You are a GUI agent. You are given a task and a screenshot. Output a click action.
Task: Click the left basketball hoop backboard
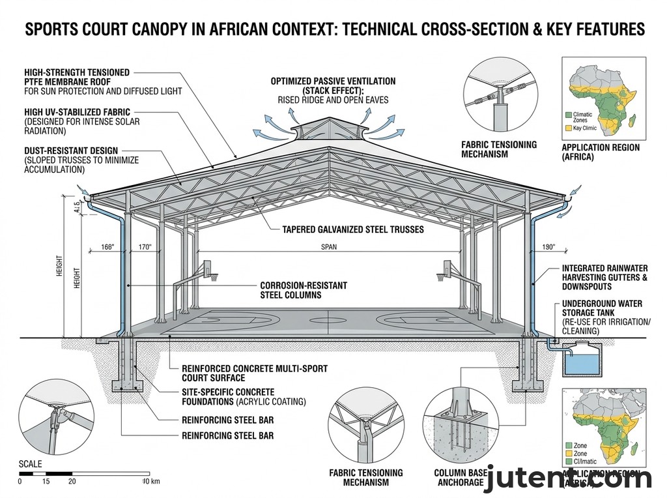coord(210,268)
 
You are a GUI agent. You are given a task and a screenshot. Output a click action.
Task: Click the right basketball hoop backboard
coord(449,268)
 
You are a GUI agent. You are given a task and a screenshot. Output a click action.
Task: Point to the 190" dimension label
coord(548,247)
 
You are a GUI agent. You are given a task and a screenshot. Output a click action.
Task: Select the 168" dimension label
coord(108,247)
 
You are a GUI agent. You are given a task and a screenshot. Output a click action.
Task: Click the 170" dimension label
coord(144,247)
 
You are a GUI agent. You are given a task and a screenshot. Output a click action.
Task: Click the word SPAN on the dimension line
coord(330,247)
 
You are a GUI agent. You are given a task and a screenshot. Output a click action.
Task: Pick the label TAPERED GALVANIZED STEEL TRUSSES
coord(352,229)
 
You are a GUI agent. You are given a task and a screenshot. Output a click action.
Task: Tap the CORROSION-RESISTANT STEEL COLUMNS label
coord(304,290)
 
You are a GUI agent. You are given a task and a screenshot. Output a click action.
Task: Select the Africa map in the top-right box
coord(603,98)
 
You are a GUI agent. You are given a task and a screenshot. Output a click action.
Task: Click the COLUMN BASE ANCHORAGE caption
coord(459,477)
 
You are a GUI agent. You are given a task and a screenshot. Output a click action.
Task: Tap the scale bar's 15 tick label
coord(46,481)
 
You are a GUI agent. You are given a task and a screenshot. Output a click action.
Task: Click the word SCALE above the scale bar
coord(30,464)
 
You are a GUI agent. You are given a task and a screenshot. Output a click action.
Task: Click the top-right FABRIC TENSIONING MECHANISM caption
coord(498,149)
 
